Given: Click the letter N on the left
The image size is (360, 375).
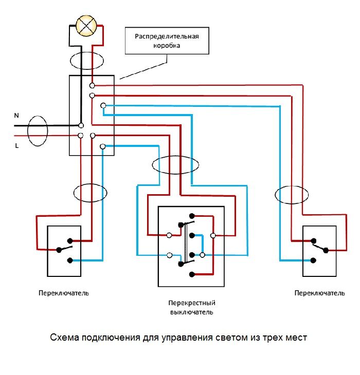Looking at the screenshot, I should [x=16, y=116].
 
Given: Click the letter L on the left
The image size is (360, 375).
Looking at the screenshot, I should [x=16, y=146].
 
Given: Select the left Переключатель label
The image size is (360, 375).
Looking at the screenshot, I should [x=64, y=293].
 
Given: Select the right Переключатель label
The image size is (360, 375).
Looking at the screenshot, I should [x=320, y=293].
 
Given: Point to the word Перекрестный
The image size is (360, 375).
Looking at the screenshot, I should [x=191, y=303].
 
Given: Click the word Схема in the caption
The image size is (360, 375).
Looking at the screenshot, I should [x=64, y=338].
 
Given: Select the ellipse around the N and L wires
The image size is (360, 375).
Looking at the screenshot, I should [x=37, y=131].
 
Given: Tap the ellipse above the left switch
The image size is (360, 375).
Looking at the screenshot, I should [x=91, y=193].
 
